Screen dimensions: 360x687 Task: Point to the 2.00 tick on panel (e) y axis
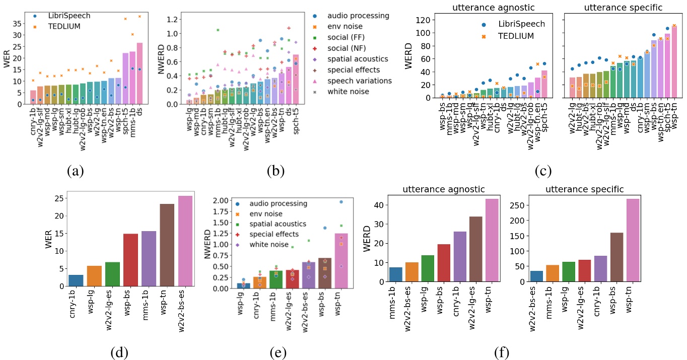coord(223,201)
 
